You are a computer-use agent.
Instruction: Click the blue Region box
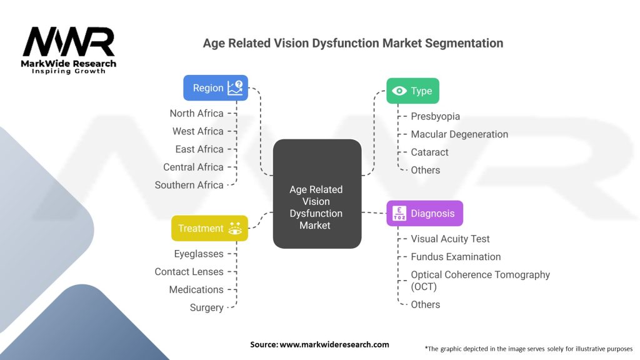coord(216,87)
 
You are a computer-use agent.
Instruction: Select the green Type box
coord(412,91)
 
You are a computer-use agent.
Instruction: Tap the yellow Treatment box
coord(209,228)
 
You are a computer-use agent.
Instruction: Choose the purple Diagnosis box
coord(424,213)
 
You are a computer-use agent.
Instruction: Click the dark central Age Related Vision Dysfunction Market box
coord(317,194)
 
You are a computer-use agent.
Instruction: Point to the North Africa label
coord(197,114)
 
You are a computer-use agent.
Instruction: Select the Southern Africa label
coord(189,185)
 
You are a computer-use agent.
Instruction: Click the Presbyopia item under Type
coord(435,116)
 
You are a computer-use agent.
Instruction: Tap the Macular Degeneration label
coord(459,134)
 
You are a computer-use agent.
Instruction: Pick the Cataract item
coord(429,152)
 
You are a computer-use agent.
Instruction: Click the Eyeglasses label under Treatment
coord(199,254)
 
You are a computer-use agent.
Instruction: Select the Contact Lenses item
coord(189,272)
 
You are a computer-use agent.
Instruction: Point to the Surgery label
coord(206,307)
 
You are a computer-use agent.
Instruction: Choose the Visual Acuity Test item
coord(450,239)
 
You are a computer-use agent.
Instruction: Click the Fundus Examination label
coord(456,257)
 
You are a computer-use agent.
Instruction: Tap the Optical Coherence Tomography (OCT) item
coord(481,281)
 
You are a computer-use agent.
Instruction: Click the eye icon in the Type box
coord(399,91)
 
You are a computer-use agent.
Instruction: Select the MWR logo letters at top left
coord(69,42)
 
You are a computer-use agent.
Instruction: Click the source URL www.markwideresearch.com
coord(334,344)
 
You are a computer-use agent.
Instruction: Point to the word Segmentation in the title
coord(464,43)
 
